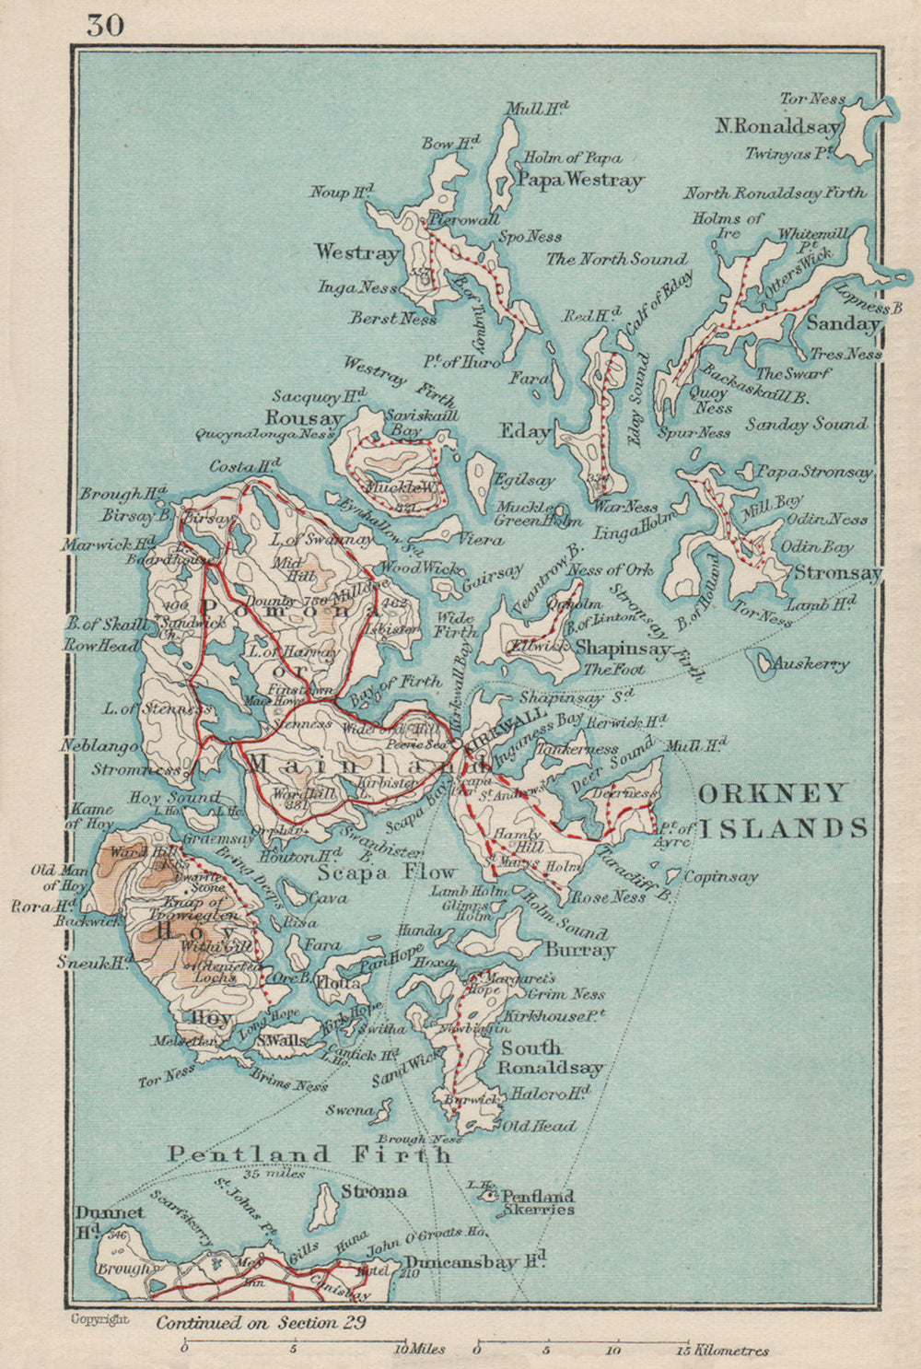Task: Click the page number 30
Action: pyautogui.click(x=105, y=24)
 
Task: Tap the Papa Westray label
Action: pyautogui.click(x=579, y=180)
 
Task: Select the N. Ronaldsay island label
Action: pyautogui.click(x=778, y=126)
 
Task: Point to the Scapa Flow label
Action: pyautogui.click(x=387, y=872)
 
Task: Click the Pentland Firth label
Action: pyautogui.click(x=309, y=1153)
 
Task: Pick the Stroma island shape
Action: pyautogui.click(x=323, y=1206)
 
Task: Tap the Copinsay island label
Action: pyautogui.click(x=721, y=876)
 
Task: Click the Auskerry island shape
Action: pyautogui.click(x=764, y=661)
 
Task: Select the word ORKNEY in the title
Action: pyautogui.click(x=759, y=793)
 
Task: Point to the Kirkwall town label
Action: pyautogui.click(x=508, y=727)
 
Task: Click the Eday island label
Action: pyautogui.click(x=525, y=430)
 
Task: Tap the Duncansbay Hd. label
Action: pyautogui.click(x=475, y=1261)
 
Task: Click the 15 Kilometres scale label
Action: pyautogui.click(x=722, y=1351)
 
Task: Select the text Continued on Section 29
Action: pyautogui.click(x=261, y=1323)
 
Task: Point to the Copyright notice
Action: pyautogui.click(x=100, y=1319)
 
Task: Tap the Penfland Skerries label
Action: pyautogui.click(x=537, y=1202)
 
